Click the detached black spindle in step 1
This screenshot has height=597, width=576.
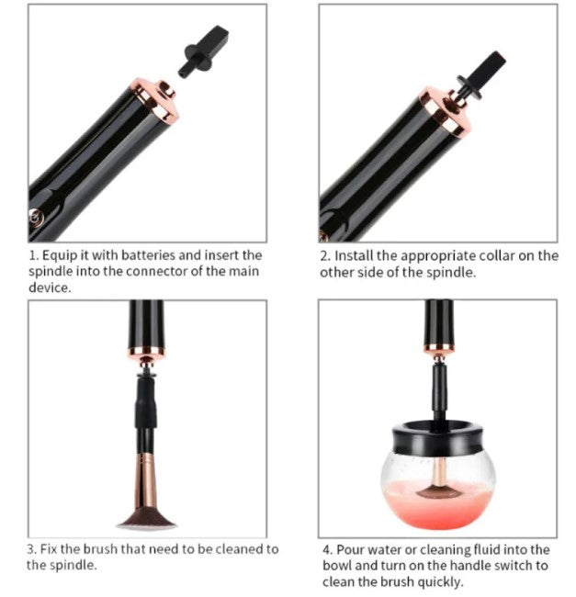[x=203, y=51]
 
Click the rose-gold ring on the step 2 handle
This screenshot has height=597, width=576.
[x=445, y=111]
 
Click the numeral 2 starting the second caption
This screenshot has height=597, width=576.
[x=323, y=255]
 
